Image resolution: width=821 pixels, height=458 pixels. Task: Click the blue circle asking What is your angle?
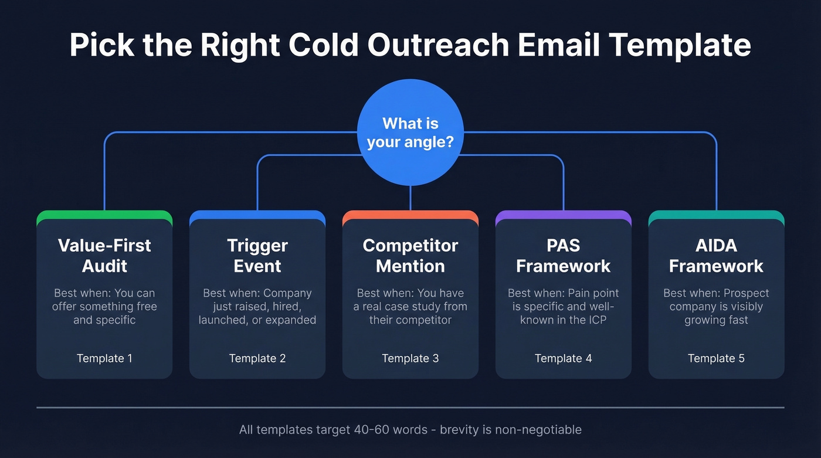(410, 133)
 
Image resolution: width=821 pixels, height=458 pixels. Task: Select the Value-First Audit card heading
(104, 255)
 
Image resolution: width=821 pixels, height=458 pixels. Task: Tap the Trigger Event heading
(257, 255)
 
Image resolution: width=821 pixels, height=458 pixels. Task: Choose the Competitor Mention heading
(410, 255)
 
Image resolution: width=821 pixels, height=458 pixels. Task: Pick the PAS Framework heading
(564, 255)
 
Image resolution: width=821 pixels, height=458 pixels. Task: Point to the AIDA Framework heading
(716, 255)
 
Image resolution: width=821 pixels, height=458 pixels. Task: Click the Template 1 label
(104, 358)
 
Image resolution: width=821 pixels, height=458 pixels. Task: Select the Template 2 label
(257, 358)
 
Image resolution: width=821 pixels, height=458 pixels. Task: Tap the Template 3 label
(410, 358)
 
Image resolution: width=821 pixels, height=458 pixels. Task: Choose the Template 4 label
(564, 358)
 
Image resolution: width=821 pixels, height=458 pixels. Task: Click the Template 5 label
(716, 358)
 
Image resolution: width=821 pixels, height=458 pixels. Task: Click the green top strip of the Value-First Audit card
(104, 215)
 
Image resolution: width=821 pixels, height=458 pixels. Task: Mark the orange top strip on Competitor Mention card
(410, 215)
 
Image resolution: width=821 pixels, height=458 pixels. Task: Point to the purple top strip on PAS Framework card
(564, 215)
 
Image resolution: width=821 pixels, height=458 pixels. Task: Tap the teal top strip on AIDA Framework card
(716, 215)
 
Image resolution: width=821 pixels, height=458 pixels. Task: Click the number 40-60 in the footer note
(374, 430)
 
